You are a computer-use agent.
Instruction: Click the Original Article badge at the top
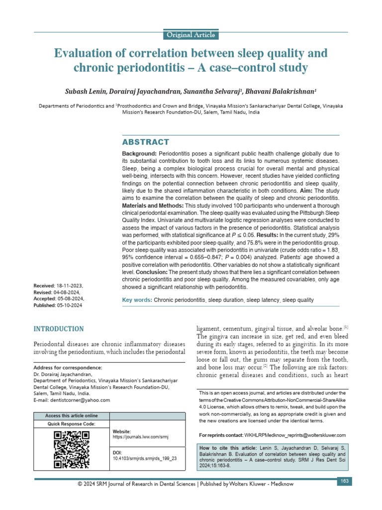click(191, 35)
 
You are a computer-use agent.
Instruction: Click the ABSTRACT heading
click(145, 142)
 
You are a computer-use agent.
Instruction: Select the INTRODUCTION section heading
click(58, 329)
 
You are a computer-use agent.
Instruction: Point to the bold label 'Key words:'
click(137, 300)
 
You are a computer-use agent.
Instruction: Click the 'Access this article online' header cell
click(71, 416)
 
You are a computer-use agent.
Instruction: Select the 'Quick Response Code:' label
click(71, 424)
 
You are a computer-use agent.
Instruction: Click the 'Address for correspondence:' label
click(67, 368)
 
